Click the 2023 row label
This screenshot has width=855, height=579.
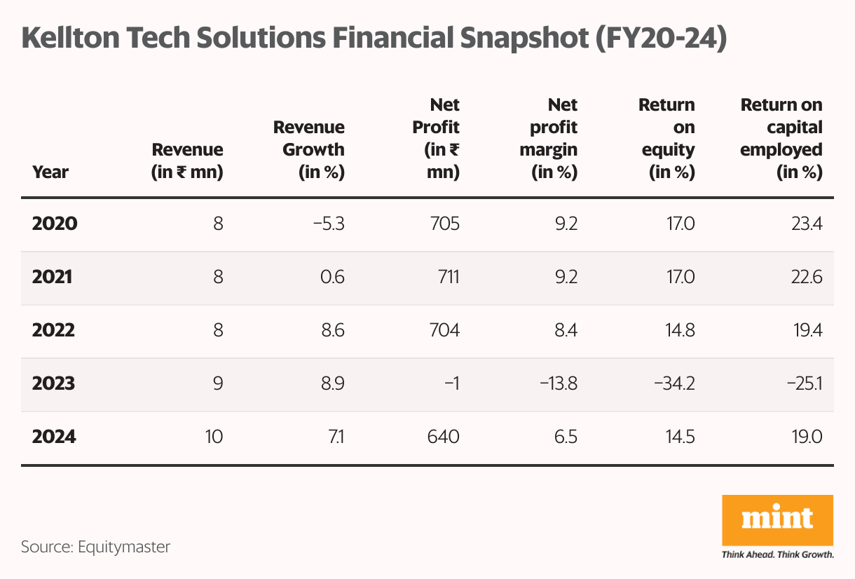53,384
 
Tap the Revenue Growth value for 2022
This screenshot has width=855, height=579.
329,331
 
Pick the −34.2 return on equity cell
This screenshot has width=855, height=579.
673,384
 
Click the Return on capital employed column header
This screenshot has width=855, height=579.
781,139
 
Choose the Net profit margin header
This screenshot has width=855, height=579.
554,139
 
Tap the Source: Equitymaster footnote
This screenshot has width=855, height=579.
95,547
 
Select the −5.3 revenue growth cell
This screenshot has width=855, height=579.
326,224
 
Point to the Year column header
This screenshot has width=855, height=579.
50,172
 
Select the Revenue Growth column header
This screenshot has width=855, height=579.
309,150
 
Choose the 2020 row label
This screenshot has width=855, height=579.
55,224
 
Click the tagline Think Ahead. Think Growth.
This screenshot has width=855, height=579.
777,554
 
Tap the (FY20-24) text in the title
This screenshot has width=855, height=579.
660,38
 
